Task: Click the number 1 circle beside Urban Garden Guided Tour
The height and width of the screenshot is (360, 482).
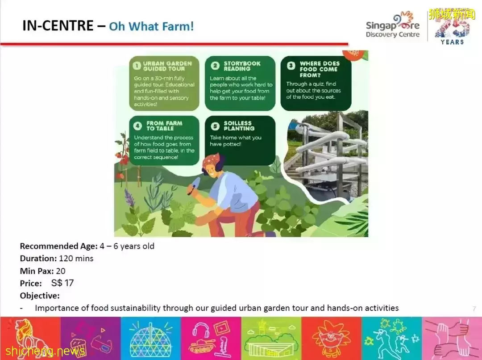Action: click(137, 66)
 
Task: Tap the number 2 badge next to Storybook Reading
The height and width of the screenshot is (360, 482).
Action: click(215, 66)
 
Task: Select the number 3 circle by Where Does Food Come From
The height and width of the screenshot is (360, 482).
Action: click(291, 66)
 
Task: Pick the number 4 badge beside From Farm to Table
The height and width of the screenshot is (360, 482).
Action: click(137, 126)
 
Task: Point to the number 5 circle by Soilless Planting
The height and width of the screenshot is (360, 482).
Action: click(215, 126)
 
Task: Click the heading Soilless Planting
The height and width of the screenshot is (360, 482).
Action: click(239, 126)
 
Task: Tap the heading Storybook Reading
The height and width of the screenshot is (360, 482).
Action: click(242, 66)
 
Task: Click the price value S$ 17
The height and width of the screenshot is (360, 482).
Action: click(62, 283)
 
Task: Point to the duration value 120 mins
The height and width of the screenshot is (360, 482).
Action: click(76, 259)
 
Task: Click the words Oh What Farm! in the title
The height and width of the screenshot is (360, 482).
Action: click(152, 26)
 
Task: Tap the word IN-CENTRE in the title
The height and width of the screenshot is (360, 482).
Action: click(58, 25)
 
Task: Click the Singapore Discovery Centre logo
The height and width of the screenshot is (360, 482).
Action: click(393, 26)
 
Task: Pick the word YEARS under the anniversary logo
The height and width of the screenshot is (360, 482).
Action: click(452, 42)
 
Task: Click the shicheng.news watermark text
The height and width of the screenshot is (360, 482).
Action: click(45, 351)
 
